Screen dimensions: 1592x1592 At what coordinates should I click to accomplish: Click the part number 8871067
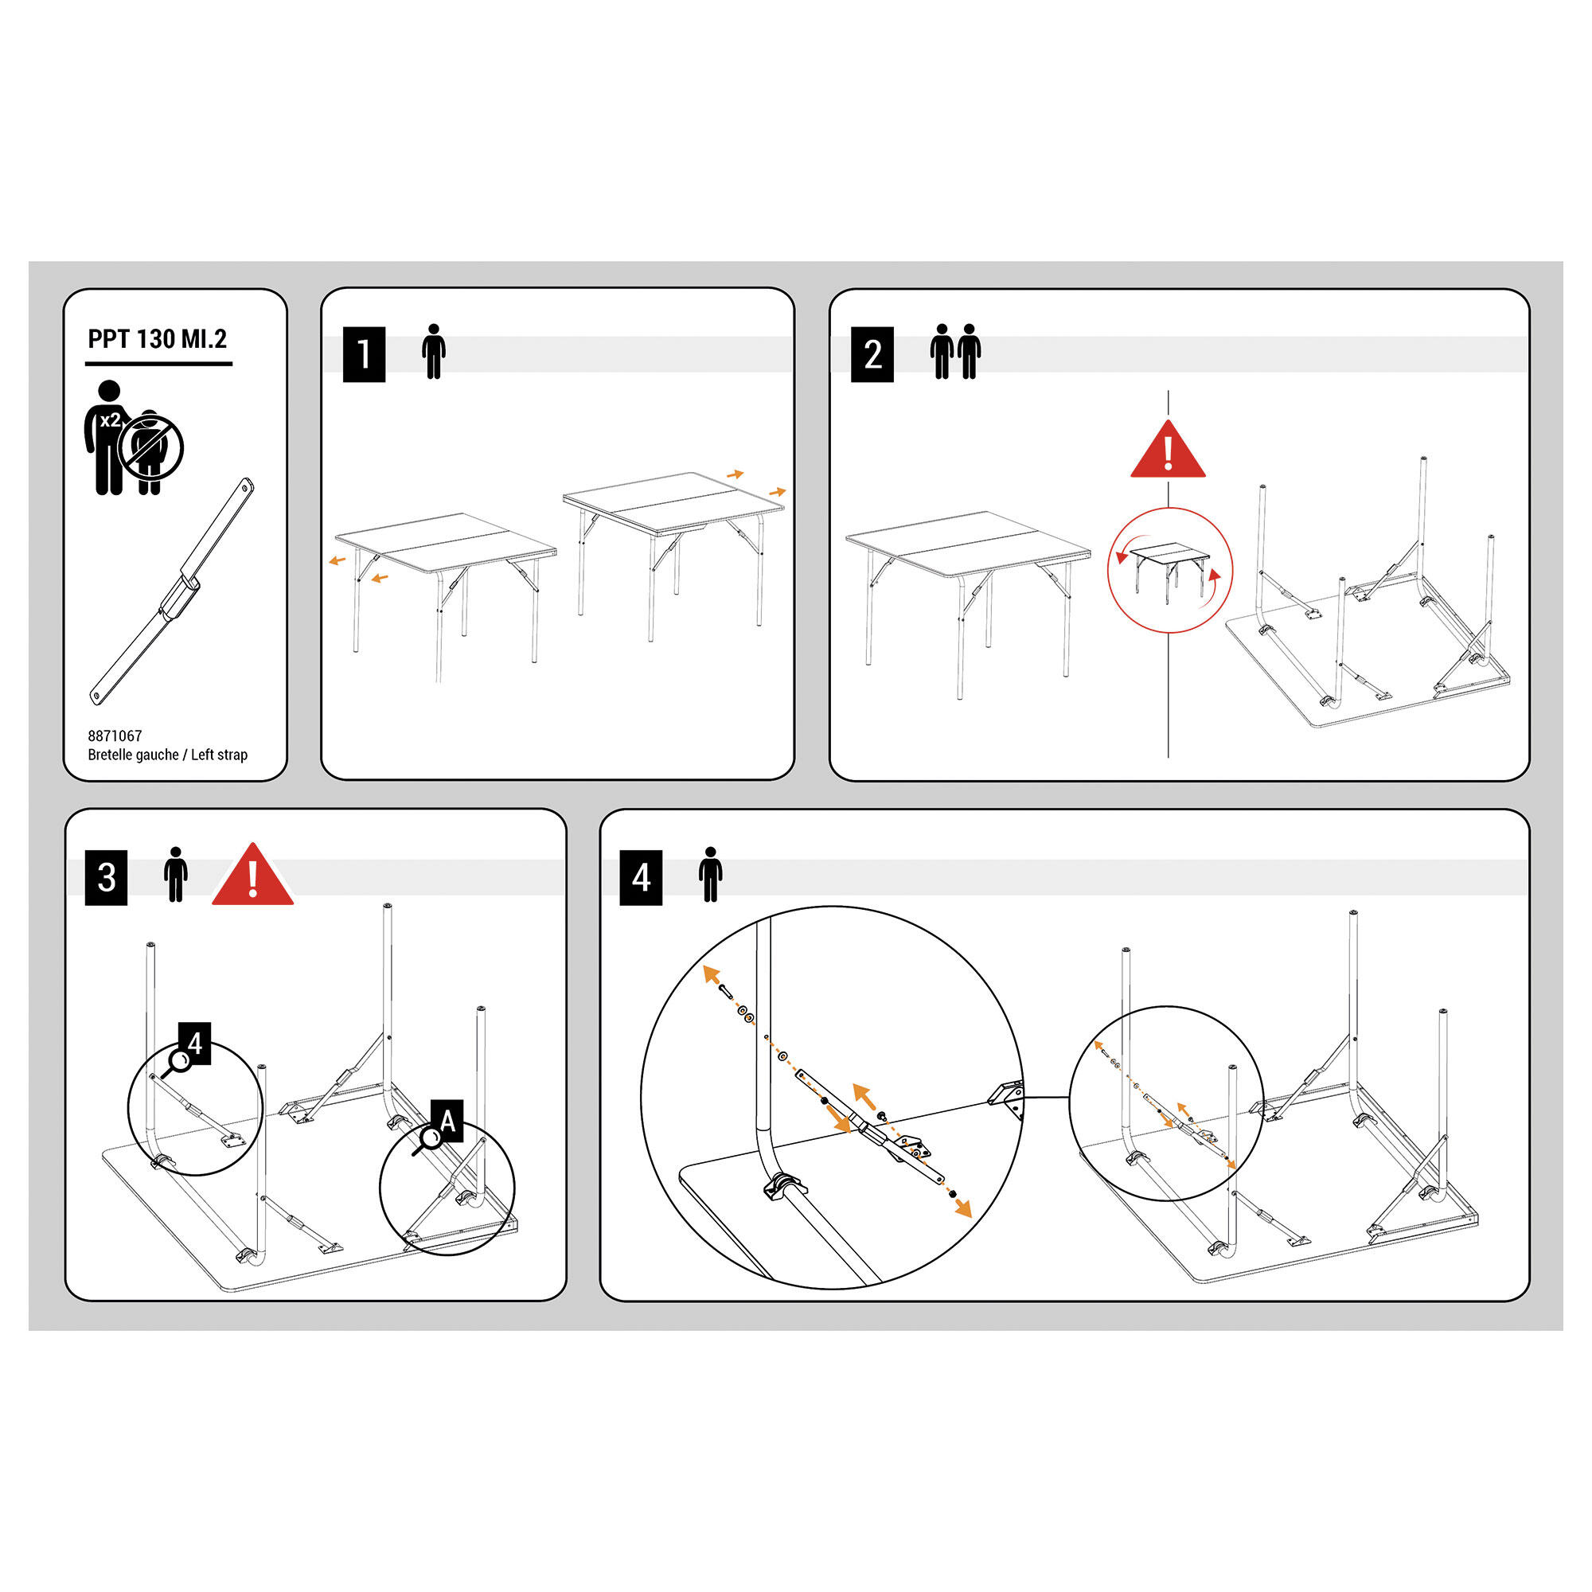click(115, 736)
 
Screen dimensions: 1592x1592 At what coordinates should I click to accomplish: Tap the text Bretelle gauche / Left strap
click(167, 755)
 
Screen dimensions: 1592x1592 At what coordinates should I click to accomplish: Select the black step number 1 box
click(365, 354)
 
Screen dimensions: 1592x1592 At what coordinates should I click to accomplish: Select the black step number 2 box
click(872, 354)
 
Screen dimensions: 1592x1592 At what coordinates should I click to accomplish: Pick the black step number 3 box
click(107, 877)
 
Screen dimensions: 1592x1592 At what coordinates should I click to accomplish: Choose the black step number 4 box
click(641, 877)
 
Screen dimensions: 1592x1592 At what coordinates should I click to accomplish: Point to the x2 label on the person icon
click(110, 420)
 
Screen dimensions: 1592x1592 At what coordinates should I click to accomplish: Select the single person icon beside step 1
click(434, 352)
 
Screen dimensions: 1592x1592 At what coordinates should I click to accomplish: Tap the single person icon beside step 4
click(710, 874)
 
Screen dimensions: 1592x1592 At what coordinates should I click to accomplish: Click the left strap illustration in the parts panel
click(171, 591)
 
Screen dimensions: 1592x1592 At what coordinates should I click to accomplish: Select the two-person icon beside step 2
click(956, 352)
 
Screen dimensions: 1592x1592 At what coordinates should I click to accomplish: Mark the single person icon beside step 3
click(175, 874)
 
